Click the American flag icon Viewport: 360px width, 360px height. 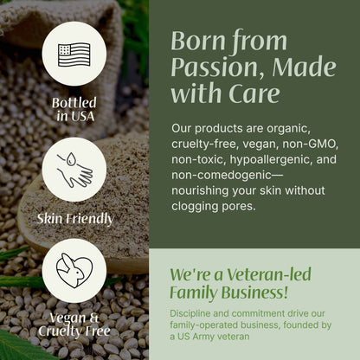click(74, 53)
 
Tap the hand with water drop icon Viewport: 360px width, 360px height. click(74, 170)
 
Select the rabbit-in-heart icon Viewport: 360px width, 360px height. click(74, 271)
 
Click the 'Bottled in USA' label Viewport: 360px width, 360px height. click(74, 109)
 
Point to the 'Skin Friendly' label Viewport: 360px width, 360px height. click(74, 219)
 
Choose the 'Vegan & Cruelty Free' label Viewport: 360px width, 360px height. click(74, 324)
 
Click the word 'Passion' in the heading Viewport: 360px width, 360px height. click(205, 67)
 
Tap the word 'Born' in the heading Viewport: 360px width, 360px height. click(195, 40)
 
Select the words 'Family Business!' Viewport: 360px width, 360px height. click(228, 292)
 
